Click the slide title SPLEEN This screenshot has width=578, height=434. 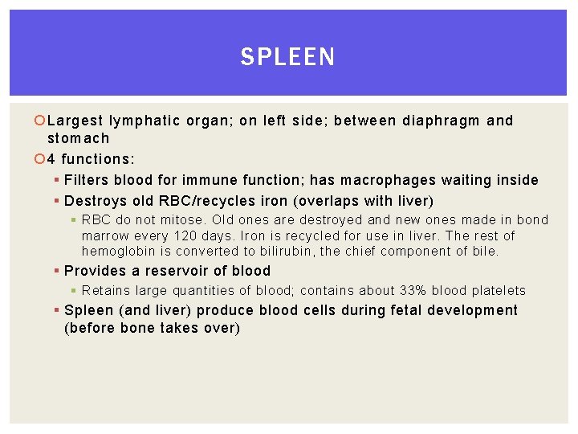point(288,57)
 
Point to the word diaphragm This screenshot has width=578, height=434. point(440,121)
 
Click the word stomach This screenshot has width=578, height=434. point(78,138)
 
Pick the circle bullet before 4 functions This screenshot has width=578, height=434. point(41,159)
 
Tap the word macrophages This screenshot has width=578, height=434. point(386,180)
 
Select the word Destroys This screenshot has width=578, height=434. point(95,201)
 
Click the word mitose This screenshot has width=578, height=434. point(181,220)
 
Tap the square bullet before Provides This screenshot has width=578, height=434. point(57,271)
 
